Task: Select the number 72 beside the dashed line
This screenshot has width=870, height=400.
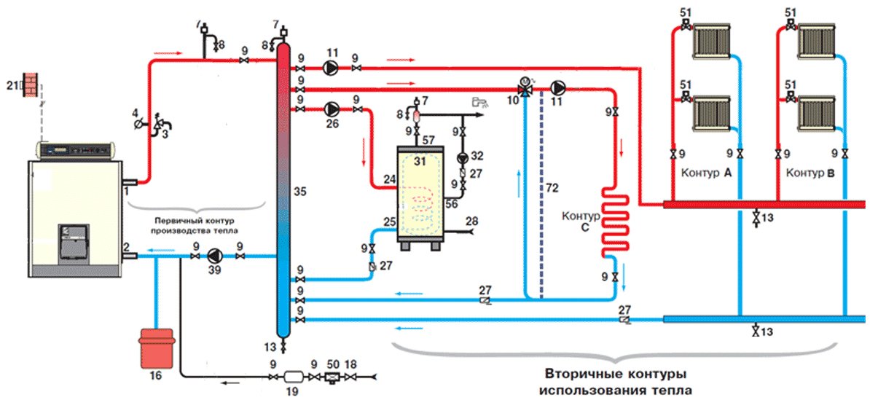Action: click(x=552, y=189)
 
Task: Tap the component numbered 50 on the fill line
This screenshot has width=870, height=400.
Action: click(x=334, y=376)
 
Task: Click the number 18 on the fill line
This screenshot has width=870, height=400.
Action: click(x=352, y=363)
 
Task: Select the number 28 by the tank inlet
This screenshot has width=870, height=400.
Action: click(x=471, y=221)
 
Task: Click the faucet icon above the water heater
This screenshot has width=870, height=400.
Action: click(x=479, y=101)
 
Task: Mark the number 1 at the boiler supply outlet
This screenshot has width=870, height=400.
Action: click(x=127, y=189)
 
